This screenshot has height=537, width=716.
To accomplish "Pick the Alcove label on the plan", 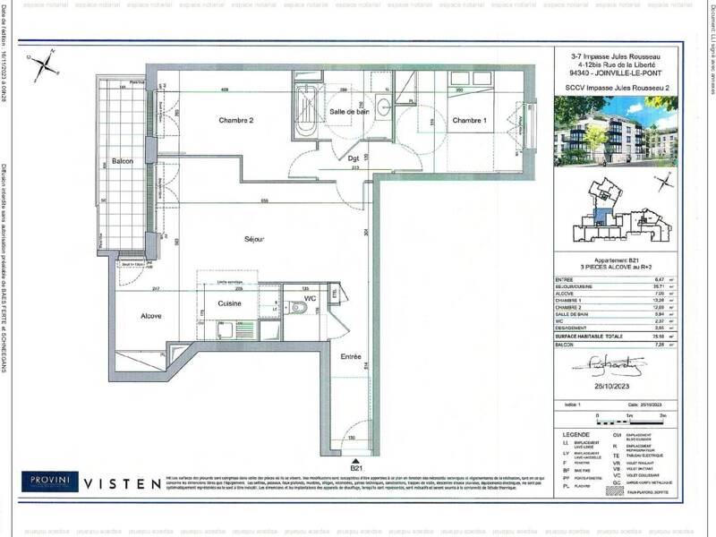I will coord(149,316).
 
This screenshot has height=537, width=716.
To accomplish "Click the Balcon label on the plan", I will coord(123,161).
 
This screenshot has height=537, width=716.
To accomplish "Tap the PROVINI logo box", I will coord(50,482).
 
